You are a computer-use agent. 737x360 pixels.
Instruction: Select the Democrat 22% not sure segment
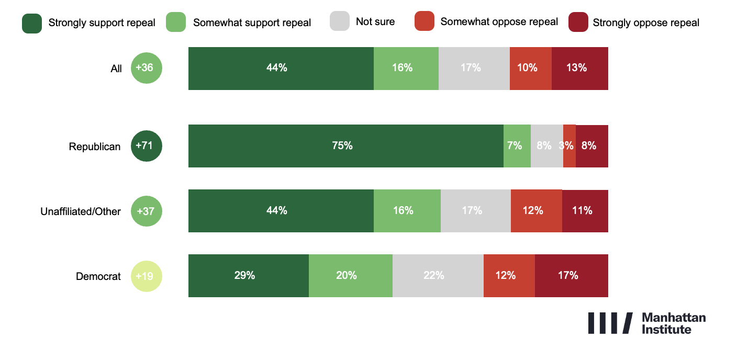438,276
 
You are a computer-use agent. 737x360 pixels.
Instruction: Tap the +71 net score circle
147,146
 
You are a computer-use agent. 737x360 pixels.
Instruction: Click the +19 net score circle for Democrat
147,276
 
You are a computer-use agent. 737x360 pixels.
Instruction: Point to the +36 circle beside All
147,68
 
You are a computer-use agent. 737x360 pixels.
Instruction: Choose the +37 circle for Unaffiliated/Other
147,211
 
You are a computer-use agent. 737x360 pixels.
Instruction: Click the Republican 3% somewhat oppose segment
569,146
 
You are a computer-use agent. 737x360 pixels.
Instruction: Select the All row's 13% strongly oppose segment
579,68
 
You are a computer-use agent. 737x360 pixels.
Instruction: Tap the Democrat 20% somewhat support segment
350,276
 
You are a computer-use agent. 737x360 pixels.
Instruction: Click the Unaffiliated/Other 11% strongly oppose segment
585,211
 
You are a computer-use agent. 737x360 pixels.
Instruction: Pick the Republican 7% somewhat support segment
517,146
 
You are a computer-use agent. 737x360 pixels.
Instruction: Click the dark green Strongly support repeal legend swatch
32,23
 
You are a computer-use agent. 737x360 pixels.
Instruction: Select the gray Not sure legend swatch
340,22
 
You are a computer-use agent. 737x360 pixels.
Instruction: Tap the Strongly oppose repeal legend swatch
578,23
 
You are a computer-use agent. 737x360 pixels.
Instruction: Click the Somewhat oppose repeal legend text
499,22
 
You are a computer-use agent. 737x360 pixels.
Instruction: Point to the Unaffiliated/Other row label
81,211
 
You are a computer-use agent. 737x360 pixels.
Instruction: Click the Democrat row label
98,276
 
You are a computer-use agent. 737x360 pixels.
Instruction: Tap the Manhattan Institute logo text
673,323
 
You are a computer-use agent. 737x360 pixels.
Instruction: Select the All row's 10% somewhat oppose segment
530,68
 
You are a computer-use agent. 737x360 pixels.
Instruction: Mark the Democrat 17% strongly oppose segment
571,276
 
